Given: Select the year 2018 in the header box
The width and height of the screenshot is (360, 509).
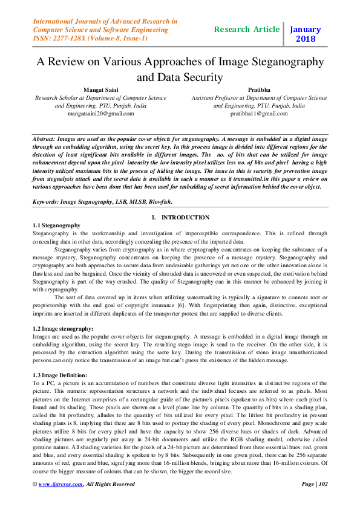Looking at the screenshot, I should [305, 39].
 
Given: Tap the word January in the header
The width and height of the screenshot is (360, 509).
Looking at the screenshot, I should [305, 28].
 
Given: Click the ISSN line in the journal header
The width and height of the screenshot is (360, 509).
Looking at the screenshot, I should [90, 38].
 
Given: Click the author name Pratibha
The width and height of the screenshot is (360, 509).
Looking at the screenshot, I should [259, 89].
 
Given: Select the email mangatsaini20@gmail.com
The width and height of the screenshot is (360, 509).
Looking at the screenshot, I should [100, 113].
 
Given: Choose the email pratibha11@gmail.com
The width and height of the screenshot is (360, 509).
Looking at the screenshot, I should [259, 113].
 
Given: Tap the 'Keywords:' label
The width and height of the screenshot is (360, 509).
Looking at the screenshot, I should [49, 201].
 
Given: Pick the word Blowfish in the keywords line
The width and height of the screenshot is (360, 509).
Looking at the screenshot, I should [159, 201].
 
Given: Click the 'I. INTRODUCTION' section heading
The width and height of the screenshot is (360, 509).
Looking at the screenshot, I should [180, 218].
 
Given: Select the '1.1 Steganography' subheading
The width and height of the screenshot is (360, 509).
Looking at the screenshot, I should [56, 225].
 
